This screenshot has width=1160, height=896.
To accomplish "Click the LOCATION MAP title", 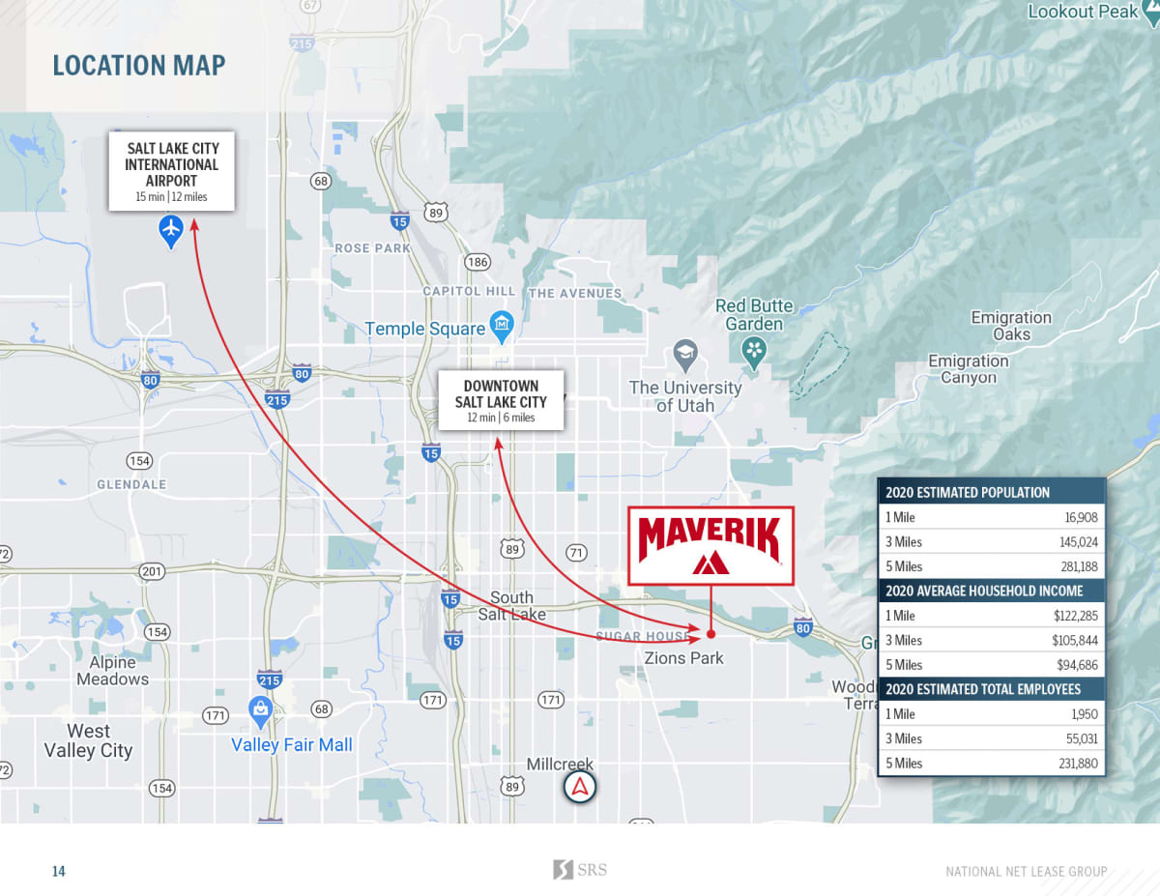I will click(138, 66).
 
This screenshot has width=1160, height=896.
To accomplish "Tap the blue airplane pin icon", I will click(171, 230).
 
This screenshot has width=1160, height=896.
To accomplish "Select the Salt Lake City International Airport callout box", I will click(171, 172).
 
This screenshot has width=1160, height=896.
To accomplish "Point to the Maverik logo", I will click(710, 545).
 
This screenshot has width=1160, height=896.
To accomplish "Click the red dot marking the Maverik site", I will click(710, 635).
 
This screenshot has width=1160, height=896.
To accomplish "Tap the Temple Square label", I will click(424, 330).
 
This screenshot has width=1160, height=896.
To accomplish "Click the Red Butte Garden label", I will click(754, 315).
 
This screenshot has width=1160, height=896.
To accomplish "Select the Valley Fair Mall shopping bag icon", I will click(260, 712).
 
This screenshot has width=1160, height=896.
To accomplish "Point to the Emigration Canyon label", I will click(968, 369).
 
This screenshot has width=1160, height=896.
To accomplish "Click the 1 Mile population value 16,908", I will click(1079, 517).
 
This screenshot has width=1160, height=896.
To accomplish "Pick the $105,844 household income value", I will click(1075, 640).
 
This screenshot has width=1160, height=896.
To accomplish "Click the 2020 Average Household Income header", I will click(984, 591).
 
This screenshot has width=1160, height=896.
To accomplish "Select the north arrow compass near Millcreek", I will click(580, 788).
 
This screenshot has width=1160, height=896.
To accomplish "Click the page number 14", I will click(59, 871).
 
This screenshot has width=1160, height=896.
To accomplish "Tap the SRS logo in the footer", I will click(580, 870).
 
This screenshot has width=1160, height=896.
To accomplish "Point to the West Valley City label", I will click(88, 740).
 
